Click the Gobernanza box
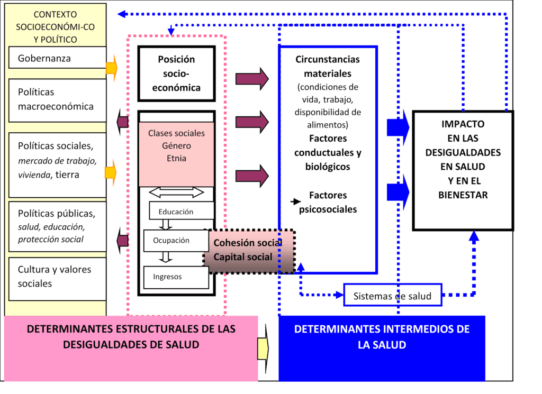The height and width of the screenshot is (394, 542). (x=58, y=58)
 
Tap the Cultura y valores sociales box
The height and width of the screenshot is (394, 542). (x=58, y=277)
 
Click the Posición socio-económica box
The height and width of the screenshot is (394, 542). (x=176, y=74)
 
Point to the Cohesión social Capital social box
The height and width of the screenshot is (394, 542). (x=249, y=251)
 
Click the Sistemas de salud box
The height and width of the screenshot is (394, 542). (x=392, y=296)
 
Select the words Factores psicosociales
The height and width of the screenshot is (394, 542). (x=328, y=203)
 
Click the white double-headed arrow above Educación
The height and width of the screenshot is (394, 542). (x=177, y=192)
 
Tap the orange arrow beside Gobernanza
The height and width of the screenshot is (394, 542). (x=112, y=68)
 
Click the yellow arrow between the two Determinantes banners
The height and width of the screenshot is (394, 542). (x=263, y=347)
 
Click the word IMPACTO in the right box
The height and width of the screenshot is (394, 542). (x=463, y=124)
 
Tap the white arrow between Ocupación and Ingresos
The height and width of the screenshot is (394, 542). (x=166, y=257)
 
